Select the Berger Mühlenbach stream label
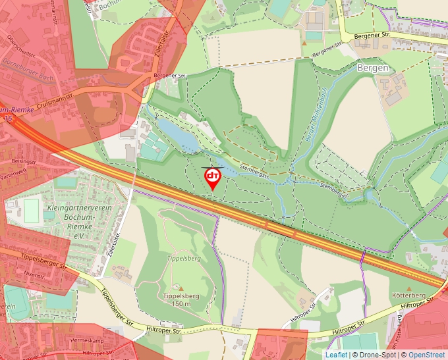coord(316,115)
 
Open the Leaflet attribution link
coord(336,355)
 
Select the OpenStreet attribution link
coord(427,355)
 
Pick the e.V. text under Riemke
coord(80,235)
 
